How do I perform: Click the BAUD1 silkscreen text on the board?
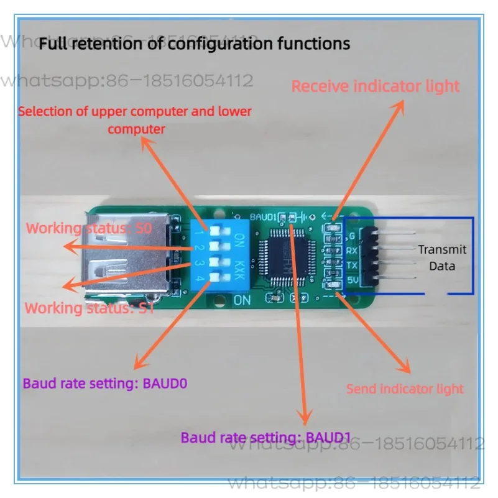262,217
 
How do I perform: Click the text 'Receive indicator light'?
376,86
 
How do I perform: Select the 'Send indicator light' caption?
405,389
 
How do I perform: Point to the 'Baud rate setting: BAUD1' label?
261,437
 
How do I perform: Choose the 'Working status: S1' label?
89,308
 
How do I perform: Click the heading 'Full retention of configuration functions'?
195,44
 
